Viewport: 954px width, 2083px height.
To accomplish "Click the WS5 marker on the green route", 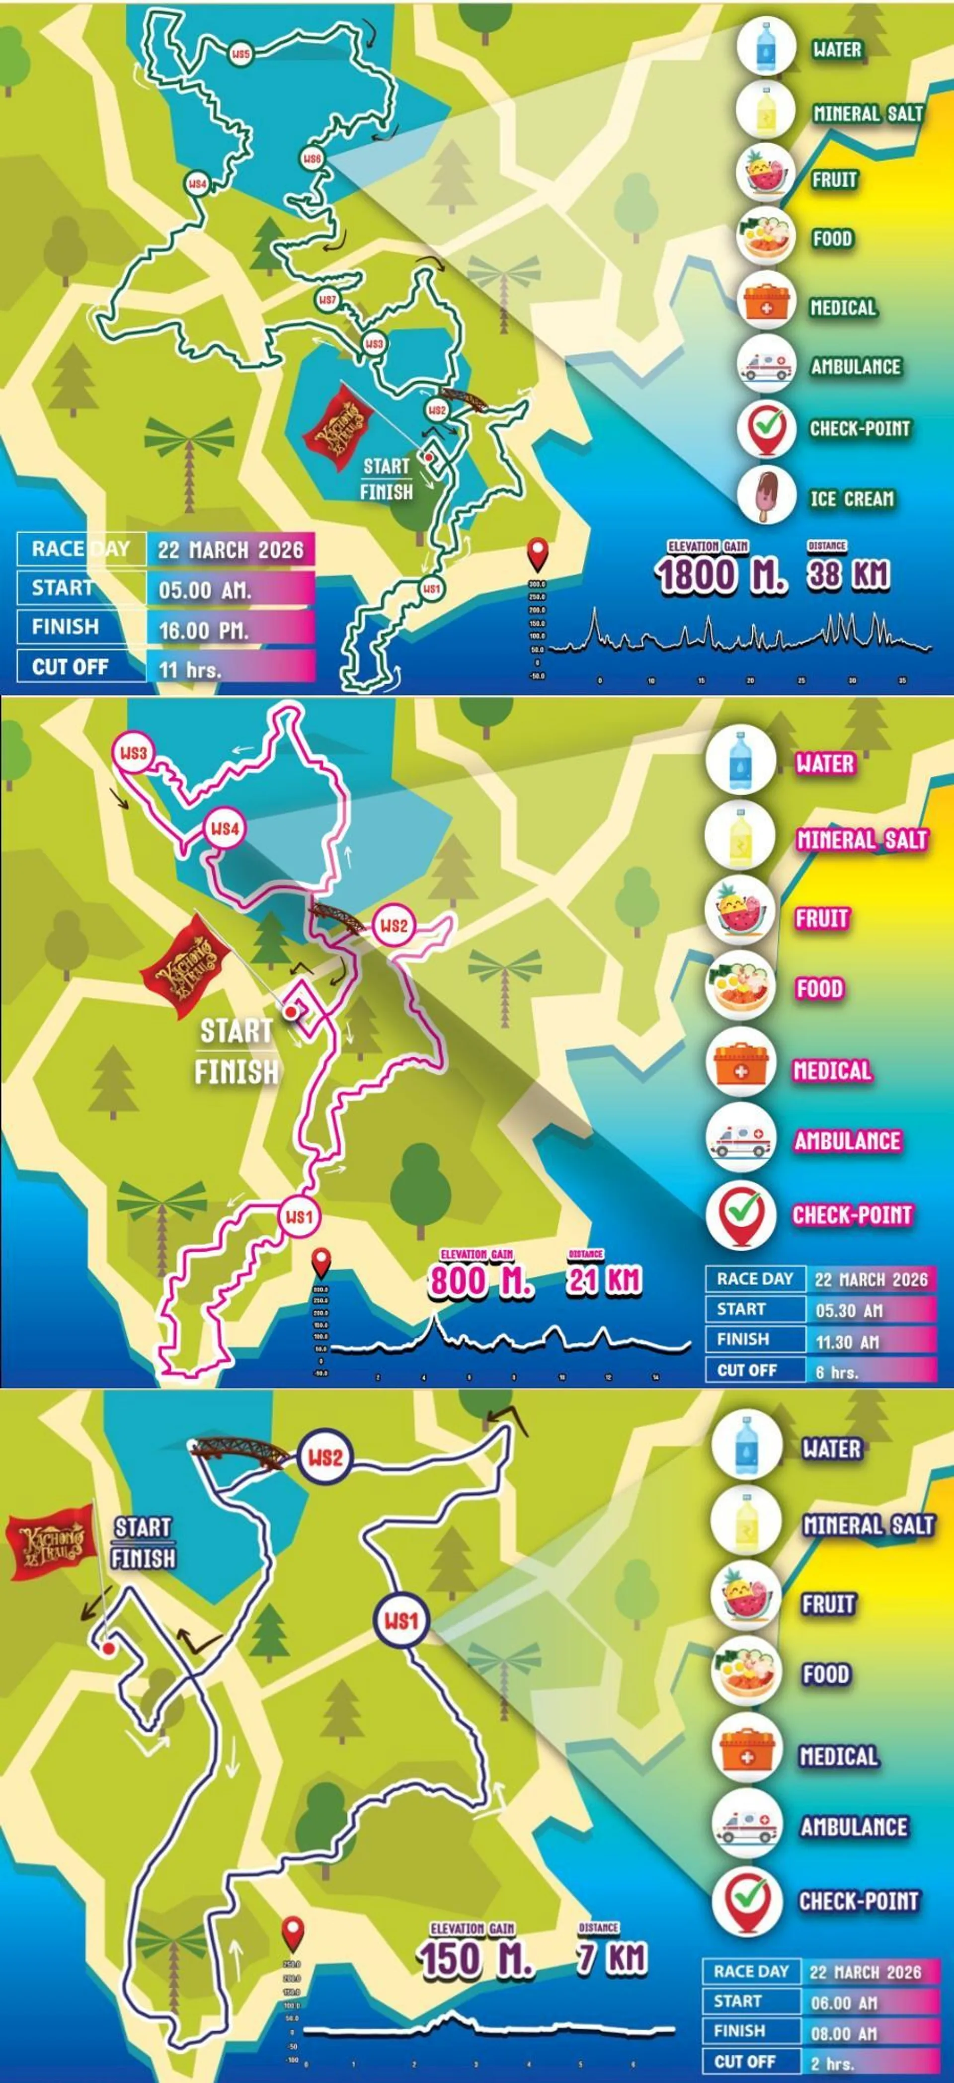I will [x=240, y=54].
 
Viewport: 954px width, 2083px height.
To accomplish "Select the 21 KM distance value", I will [x=603, y=1280].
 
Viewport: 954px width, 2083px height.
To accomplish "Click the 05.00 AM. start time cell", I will [x=230, y=589].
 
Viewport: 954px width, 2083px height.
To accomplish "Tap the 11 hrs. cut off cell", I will [x=230, y=668].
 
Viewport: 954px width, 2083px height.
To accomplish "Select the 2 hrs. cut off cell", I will [x=870, y=2063].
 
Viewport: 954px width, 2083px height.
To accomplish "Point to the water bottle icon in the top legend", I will [x=765, y=47].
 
